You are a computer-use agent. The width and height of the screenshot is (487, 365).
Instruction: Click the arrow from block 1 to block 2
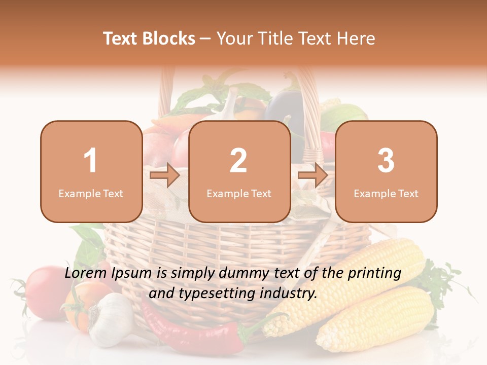point(165,176)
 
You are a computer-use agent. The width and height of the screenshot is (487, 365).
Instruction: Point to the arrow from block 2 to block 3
point(312,176)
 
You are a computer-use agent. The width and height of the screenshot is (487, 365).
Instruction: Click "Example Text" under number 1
point(91,193)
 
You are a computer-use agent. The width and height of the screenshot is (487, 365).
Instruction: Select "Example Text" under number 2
point(239,193)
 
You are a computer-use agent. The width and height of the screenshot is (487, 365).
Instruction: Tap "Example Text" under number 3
point(386,193)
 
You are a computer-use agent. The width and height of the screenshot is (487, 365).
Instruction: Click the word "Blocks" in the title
point(169,39)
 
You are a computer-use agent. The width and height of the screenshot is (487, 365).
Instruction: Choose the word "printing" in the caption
point(374,273)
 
